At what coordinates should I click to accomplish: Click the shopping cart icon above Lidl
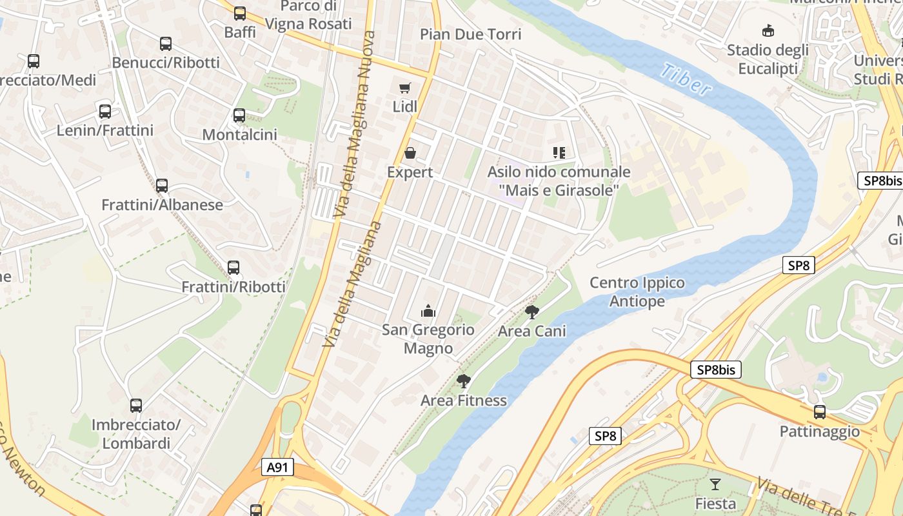tap(404, 88)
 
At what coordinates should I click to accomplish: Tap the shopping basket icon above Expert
tap(410, 153)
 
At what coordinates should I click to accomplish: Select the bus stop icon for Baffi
tap(240, 13)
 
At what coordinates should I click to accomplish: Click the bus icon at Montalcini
tap(239, 115)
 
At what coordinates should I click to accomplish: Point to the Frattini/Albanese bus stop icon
tap(162, 186)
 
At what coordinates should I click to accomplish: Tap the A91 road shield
tap(277, 467)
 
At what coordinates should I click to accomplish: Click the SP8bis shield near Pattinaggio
tap(716, 370)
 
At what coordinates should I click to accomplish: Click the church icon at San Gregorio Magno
tap(428, 312)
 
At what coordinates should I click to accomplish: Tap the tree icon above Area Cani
tap(532, 312)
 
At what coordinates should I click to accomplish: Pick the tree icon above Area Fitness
tap(463, 381)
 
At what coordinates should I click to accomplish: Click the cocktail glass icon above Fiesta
tap(715, 484)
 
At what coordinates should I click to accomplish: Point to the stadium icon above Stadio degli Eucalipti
tap(768, 30)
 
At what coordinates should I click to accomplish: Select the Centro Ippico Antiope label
tap(637, 292)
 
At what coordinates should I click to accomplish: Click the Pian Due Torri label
tap(471, 34)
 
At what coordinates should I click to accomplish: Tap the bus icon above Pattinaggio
tap(820, 412)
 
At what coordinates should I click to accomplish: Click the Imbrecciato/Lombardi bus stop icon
tap(136, 406)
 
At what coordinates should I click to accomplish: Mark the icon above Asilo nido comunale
tap(559, 153)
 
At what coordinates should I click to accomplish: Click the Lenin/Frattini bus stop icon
tap(105, 111)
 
